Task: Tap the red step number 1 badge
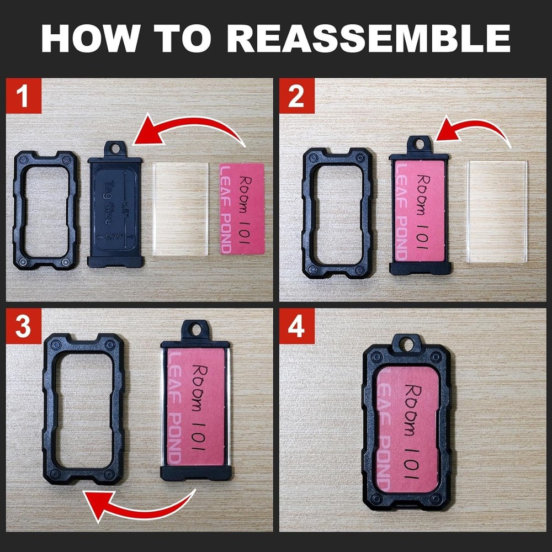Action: point(24,96)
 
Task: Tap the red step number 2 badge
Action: point(296,96)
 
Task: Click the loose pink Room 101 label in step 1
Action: point(242,208)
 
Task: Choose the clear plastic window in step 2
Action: point(497,211)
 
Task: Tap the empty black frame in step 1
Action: point(22,210)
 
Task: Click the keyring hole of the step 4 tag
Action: point(407,345)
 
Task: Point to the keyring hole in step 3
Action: point(195,330)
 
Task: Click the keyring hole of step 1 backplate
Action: point(115,148)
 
